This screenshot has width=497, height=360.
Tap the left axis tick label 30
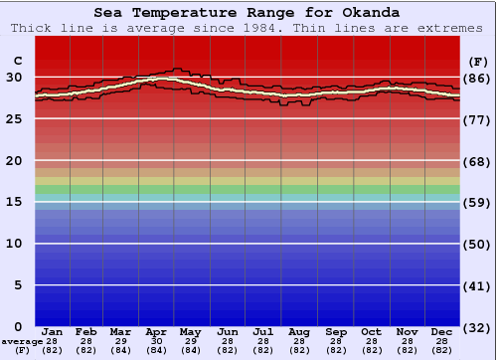pos(14,77)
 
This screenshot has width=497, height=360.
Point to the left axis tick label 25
pos(14,118)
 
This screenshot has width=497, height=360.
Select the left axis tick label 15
pos(14,202)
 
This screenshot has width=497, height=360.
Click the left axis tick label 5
pos(18,285)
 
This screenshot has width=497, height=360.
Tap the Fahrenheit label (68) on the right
pos(477,161)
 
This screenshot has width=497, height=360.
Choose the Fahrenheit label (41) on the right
pos(477,286)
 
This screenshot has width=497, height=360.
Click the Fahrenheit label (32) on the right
pos(477,328)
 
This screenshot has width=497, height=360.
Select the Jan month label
pos(53,331)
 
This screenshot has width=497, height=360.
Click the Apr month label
pos(156,331)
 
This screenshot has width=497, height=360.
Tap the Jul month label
pos(262,331)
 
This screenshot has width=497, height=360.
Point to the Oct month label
pos(370,331)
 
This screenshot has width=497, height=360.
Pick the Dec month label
pos(442,331)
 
